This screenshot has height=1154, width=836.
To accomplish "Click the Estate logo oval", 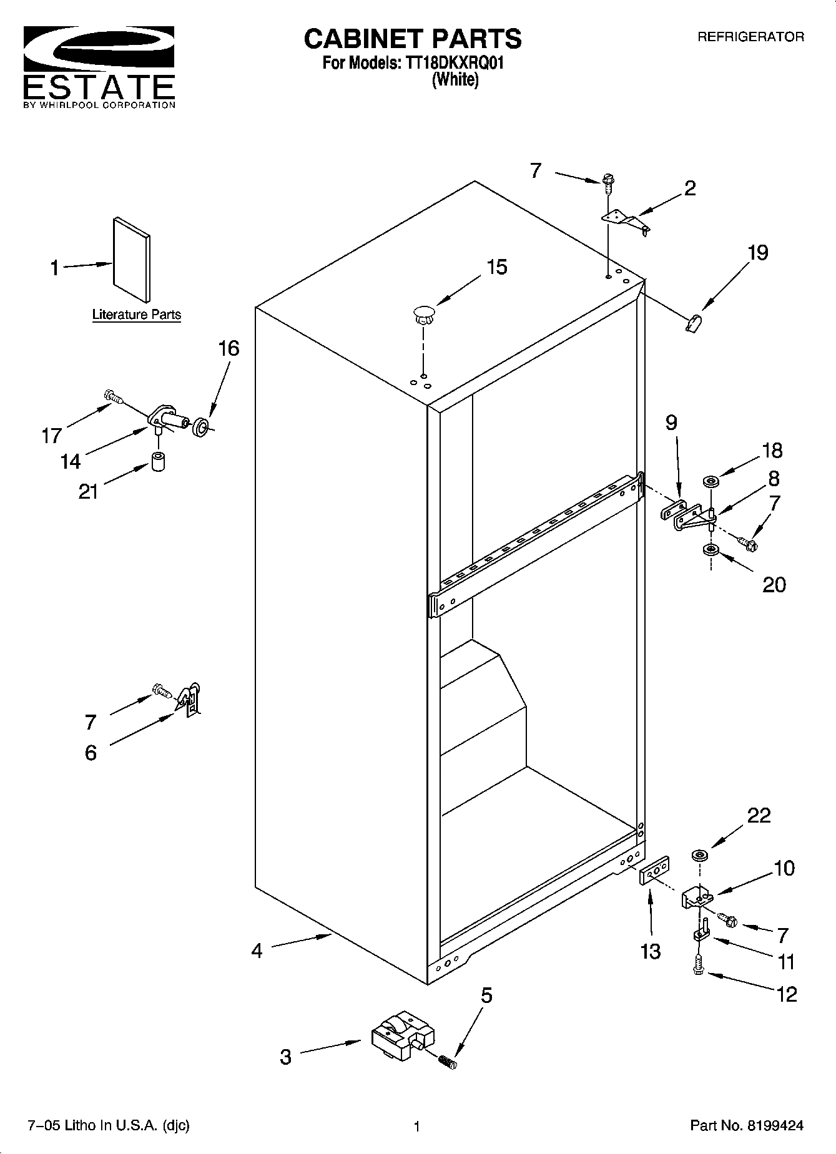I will [x=98, y=51].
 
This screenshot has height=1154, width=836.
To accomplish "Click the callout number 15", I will [x=496, y=267].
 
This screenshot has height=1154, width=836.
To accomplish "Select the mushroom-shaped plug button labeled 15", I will [x=424, y=314].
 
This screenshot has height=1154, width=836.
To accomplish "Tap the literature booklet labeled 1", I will [x=132, y=260].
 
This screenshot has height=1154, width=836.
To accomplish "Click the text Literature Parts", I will [x=137, y=315].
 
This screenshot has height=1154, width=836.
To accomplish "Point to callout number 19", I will [x=757, y=253].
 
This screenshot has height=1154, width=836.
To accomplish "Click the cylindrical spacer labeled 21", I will [x=159, y=463].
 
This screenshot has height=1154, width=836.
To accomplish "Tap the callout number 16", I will [x=229, y=348].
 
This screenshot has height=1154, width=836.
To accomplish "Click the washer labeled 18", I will [x=711, y=481].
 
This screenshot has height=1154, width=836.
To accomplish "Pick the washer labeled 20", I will [x=710, y=550].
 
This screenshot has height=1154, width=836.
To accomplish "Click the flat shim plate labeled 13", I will [x=654, y=871].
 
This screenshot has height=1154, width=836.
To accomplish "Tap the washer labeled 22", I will [x=699, y=854].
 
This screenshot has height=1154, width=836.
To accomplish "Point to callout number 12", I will [x=787, y=994].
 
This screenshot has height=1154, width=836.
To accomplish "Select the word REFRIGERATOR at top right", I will [x=750, y=37].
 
